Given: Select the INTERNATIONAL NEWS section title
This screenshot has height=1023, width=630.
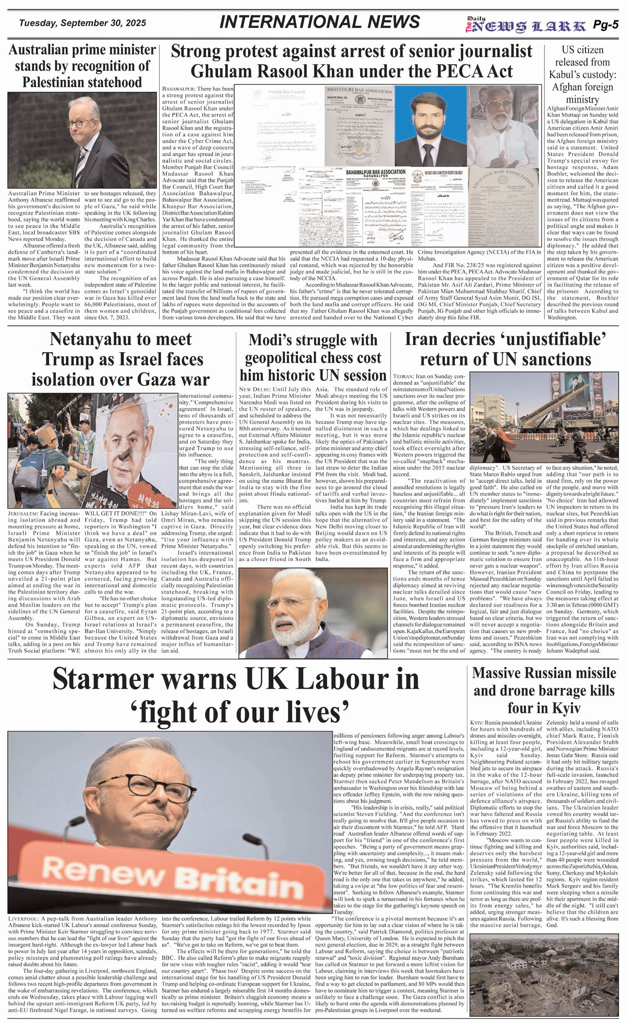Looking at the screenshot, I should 319,22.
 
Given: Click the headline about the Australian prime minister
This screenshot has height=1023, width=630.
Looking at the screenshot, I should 82,66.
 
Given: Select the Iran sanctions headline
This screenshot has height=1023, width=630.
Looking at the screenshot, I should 505,349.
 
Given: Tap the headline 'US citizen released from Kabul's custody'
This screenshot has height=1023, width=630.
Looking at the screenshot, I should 582,74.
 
